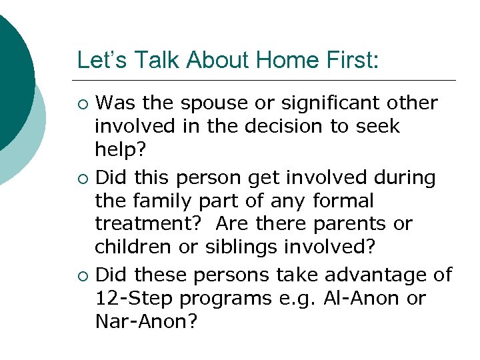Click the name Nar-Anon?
[x=147, y=321]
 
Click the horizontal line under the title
[x=267, y=80]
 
